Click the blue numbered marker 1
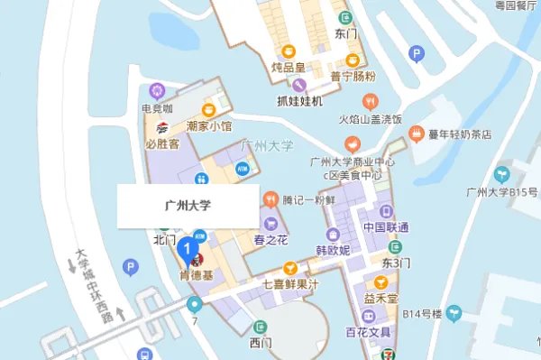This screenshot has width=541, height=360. [188, 246]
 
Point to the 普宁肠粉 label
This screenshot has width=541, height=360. [353, 77]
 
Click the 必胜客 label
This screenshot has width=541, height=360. [162, 143]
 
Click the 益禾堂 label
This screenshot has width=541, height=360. [382, 296]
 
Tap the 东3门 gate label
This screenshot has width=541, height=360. [395, 263]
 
